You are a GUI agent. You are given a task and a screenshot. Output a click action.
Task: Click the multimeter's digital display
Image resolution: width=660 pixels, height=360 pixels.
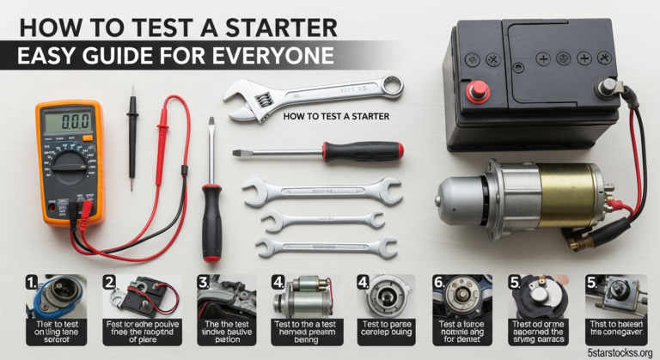(68, 122)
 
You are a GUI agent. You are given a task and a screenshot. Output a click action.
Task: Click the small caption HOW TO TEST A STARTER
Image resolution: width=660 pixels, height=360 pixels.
(335, 116)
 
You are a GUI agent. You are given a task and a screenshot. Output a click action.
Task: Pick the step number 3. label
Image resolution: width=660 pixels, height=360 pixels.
(204, 281)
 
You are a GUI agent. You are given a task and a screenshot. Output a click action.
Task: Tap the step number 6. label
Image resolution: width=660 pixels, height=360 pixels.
(439, 281)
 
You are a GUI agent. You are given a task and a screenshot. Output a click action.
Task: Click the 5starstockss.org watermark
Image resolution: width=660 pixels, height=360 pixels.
(614, 351)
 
